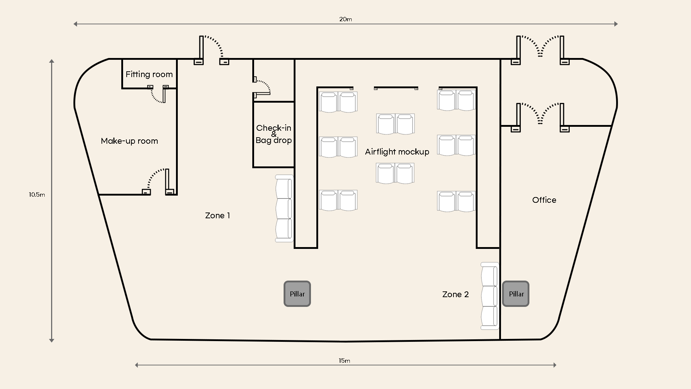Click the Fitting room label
[149, 75]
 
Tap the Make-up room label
[129, 141]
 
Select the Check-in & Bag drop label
[274, 134]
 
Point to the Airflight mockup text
[397, 152]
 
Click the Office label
[544, 200]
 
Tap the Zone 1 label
[217, 215]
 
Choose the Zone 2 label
[455, 294]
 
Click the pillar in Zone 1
[297, 294]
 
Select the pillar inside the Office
[516, 294]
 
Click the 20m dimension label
[345, 19]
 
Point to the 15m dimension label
[344, 361]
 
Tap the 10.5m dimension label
[37, 194]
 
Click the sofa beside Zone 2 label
[490, 296]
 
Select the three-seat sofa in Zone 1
[284, 208]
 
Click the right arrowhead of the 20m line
[616, 24]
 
